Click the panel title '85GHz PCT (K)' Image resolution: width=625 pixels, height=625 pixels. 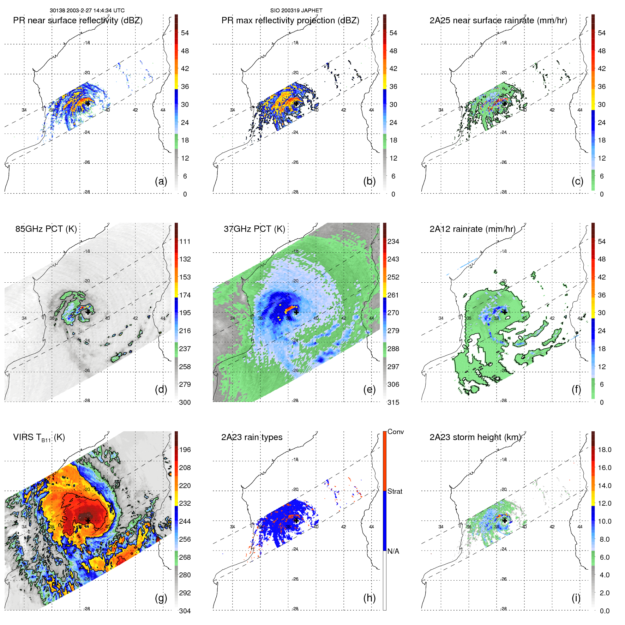46,229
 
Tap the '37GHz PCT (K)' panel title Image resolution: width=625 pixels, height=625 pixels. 254,229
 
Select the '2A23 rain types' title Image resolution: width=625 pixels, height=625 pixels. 252,437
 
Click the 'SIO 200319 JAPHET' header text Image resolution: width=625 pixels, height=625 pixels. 296,11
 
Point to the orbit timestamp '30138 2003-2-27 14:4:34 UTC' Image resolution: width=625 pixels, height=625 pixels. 87,11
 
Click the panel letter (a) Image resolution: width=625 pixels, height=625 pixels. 161,181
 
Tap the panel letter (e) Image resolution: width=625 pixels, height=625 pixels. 369,390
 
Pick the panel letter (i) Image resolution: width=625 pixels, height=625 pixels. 576,598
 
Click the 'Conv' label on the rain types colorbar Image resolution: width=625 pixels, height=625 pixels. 396,432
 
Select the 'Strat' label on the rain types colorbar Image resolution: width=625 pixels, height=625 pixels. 395,492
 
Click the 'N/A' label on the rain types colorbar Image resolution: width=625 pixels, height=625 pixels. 393,551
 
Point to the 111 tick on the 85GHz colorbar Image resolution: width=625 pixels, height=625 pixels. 185,242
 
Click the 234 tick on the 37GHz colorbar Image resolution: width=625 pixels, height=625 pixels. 393,242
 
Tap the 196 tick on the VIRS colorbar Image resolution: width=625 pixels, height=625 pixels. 185,450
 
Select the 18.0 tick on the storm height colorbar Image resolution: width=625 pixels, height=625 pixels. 605,450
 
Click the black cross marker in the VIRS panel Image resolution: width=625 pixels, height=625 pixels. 88,521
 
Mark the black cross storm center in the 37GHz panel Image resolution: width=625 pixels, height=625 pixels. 296,312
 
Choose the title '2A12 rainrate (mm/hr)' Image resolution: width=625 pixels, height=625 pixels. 472,229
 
